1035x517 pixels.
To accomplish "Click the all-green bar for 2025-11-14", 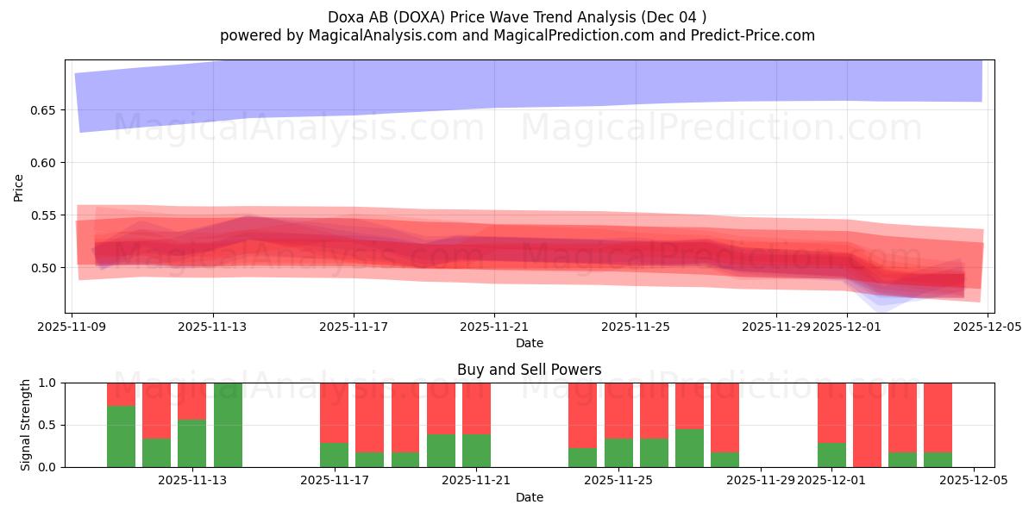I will [228, 425].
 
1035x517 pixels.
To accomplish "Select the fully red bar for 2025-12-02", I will [867, 425].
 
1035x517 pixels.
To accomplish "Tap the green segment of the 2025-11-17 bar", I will [334, 455].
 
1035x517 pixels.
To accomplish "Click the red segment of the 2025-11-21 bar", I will [476, 408].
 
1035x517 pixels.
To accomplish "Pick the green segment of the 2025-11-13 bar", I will [192, 443].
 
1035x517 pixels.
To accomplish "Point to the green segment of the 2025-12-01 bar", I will [831, 455].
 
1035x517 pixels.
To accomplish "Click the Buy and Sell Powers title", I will [529, 370].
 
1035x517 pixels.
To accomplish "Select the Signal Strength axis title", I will [26, 425].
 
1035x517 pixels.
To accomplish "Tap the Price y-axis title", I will [19, 187].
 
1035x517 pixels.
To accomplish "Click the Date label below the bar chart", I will [529, 497].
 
